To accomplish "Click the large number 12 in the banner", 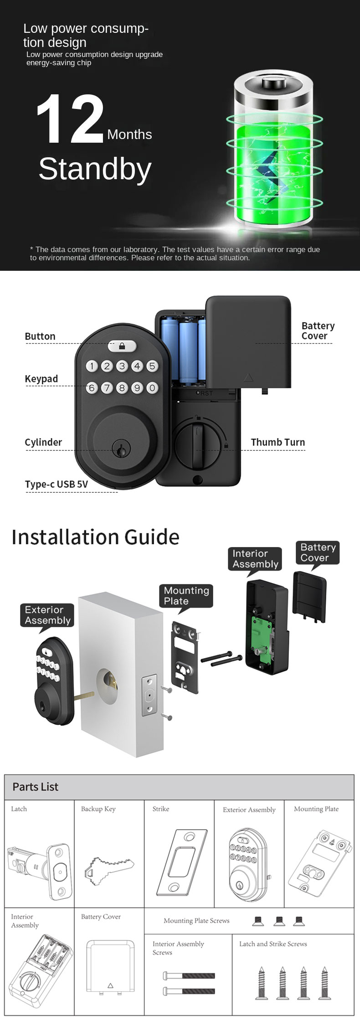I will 70,119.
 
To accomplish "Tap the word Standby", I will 95,169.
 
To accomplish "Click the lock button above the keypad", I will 122,346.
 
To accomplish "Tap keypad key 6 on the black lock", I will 92,388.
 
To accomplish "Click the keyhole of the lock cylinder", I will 121,450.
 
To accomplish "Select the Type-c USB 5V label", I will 57,484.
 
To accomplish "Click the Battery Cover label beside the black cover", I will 318,331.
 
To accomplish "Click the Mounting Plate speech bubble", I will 186,596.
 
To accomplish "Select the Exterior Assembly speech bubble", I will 47,615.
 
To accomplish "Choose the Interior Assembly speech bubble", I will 255,559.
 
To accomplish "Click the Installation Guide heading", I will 95,537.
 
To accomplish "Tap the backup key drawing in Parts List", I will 108,870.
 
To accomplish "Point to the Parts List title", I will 36,787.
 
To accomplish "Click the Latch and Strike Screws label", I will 273,944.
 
